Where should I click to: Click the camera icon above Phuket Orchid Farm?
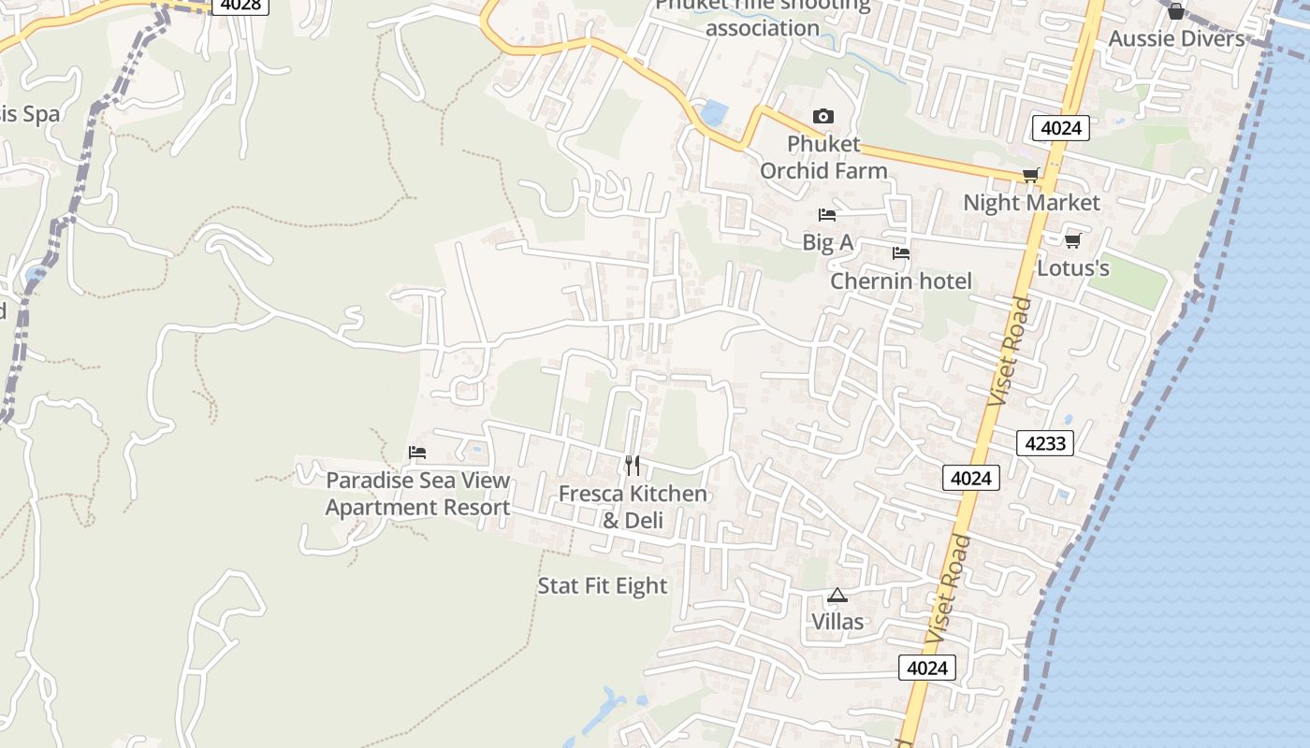[823, 117]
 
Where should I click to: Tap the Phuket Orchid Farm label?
[823, 157]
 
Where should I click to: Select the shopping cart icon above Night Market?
[1031, 176]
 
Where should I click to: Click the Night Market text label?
[1031, 203]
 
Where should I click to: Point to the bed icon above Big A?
[827, 215]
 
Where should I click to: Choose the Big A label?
[828, 243]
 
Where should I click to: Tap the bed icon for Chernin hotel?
[901, 253]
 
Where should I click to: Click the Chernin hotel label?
[901, 281]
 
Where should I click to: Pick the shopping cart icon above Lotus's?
[1073, 240]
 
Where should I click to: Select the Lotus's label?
[1073, 268]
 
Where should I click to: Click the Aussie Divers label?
[1176, 38]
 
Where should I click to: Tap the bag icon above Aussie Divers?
[1176, 11]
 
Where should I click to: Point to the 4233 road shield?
[1045, 443]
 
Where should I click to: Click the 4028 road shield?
[240, 5]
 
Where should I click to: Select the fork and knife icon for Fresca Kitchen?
[633, 465]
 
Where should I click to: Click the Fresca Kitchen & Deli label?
[633, 507]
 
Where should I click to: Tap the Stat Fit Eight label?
[603, 586]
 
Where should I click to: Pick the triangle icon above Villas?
[837, 595]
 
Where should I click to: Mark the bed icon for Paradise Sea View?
[417, 453]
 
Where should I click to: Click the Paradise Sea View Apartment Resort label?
[417, 494]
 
